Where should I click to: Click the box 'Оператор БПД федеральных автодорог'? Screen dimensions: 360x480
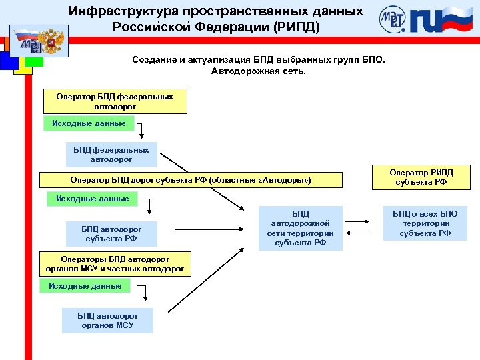(114, 101)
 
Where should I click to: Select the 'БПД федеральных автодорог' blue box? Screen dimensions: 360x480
(111, 155)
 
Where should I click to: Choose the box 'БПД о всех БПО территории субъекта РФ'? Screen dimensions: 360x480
(425, 223)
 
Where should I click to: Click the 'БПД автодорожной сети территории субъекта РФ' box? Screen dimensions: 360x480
(301, 228)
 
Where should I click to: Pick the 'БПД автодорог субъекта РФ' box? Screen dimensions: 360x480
(111, 233)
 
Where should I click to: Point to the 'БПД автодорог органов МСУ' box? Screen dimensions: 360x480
(107, 320)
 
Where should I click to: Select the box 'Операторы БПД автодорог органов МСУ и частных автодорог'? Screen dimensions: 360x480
(116, 264)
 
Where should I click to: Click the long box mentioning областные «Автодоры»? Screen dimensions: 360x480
(190, 180)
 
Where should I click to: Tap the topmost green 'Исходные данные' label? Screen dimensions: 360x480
(89, 123)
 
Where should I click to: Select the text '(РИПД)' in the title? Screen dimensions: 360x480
(297, 27)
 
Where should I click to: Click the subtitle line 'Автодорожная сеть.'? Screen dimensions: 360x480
(258, 71)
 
